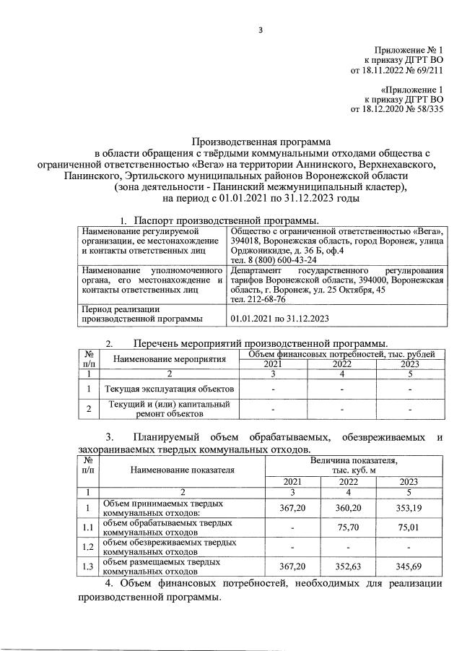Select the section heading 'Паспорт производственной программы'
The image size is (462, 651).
[x=225, y=219]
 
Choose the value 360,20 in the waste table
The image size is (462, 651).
[x=350, y=509]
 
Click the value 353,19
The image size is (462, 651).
[x=409, y=509]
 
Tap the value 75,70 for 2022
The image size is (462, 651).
[x=350, y=527]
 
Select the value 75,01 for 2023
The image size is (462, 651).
[x=409, y=527]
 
